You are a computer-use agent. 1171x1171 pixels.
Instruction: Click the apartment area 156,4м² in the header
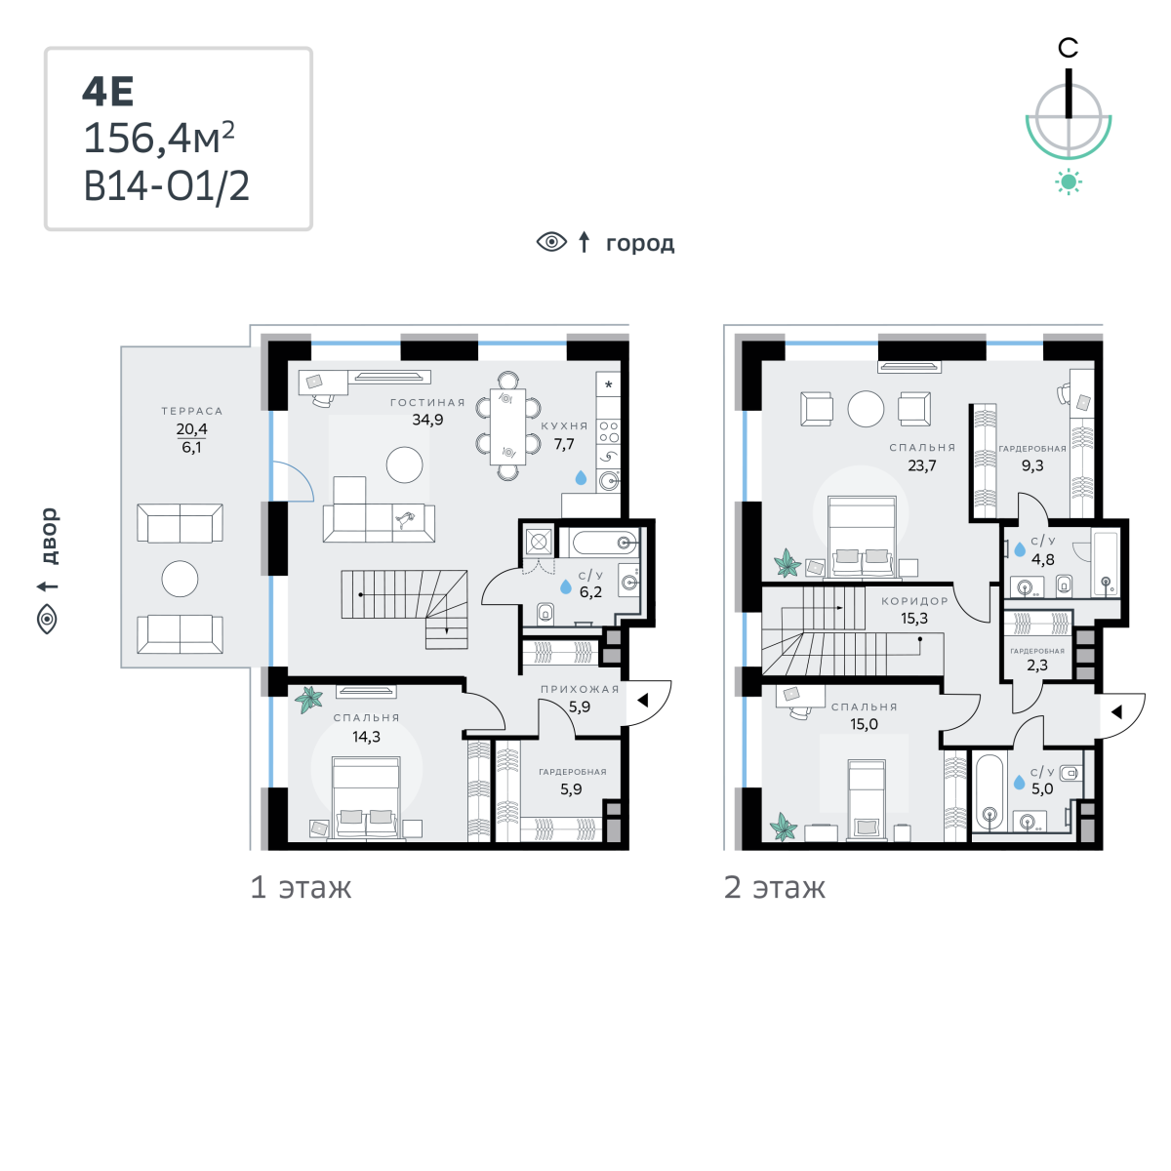[x=159, y=138]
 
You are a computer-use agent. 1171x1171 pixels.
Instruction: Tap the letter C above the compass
[x=1068, y=48]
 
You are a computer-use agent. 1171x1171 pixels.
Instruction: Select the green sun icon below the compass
[x=1069, y=182]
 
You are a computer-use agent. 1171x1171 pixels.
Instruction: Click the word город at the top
[x=640, y=244]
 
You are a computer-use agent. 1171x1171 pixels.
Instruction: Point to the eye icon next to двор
[x=48, y=620]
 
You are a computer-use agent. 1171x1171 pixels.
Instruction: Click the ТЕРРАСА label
[x=192, y=412]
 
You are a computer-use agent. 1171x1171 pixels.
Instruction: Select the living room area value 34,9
[x=427, y=420]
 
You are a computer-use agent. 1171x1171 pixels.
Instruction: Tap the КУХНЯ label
[x=565, y=426]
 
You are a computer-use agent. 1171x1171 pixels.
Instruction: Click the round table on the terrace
[x=180, y=579]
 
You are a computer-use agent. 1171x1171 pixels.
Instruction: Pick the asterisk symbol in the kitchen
[x=608, y=384]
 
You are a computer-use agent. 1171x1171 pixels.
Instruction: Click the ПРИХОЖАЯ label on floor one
[x=580, y=689]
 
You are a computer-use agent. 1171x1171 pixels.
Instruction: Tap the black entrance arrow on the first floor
[x=642, y=700]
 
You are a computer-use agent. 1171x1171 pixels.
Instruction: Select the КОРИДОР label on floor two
[x=914, y=601]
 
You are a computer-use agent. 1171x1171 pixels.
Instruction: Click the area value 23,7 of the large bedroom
[x=922, y=465]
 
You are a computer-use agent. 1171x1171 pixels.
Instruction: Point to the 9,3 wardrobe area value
[x=1032, y=465]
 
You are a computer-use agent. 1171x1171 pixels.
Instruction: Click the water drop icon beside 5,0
[x=1019, y=782]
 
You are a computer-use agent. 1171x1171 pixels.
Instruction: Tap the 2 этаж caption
[x=775, y=888]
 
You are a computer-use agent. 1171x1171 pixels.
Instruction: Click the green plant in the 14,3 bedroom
[x=309, y=700]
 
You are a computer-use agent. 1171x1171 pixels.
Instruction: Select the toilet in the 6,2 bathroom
[x=545, y=613]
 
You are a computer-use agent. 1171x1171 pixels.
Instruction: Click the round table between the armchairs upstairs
[x=866, y=408]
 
